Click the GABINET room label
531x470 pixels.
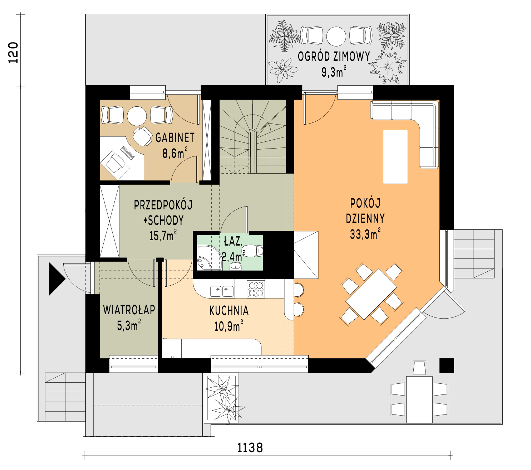175,138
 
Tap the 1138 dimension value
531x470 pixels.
250,448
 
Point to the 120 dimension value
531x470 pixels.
13,53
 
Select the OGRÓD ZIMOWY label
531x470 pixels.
334,57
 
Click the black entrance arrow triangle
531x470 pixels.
57,279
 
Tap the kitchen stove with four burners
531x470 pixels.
256,289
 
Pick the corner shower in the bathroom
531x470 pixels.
209,258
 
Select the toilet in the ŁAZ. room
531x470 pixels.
252,251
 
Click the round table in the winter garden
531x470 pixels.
336,37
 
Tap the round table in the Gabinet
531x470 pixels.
137,116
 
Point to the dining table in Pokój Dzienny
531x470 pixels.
371,294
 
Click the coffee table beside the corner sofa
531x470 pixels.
395,157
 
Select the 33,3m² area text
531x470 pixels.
365,233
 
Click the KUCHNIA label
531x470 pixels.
229,311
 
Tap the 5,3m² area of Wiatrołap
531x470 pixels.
129,325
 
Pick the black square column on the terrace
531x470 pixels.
447,365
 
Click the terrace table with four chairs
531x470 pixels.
419,399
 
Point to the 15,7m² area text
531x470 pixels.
163,236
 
